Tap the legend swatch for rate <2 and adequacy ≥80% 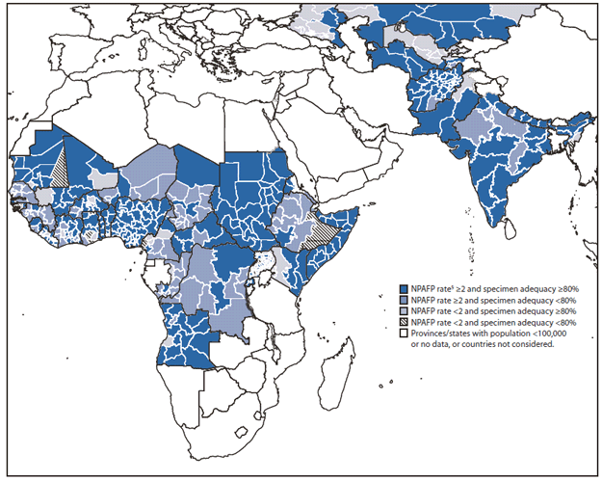click(x=404, y=312)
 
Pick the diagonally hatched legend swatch click(x=404, y=324)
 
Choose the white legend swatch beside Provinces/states click(x=404, y=334)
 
